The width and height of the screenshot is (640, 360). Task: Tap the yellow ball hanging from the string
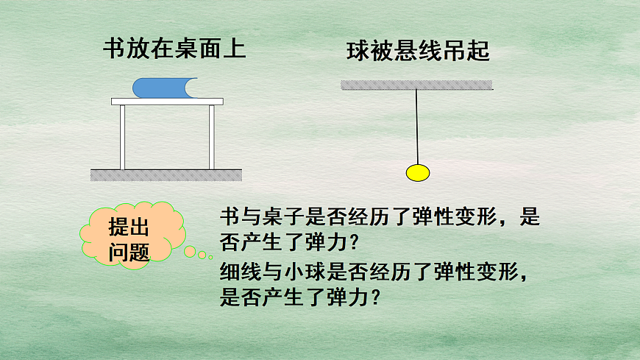(x=417, y=173)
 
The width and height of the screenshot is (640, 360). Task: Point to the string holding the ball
(x=417, y=125)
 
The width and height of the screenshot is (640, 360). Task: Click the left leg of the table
(x=123, y=137)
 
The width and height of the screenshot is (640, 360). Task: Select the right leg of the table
(x=212, y=137)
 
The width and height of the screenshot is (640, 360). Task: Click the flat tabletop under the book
(x=167, y=101)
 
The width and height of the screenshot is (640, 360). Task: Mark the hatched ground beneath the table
(x=166, y=174)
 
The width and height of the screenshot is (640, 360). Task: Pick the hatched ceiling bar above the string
(x=417, y=85)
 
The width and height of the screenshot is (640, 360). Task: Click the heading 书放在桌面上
(x=174, y=49)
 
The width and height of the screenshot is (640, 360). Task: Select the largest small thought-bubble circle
(x=190, y=252)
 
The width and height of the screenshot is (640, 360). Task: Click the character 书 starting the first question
(x=229, y=217)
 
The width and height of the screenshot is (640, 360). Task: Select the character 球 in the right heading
(x=356, y=52)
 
